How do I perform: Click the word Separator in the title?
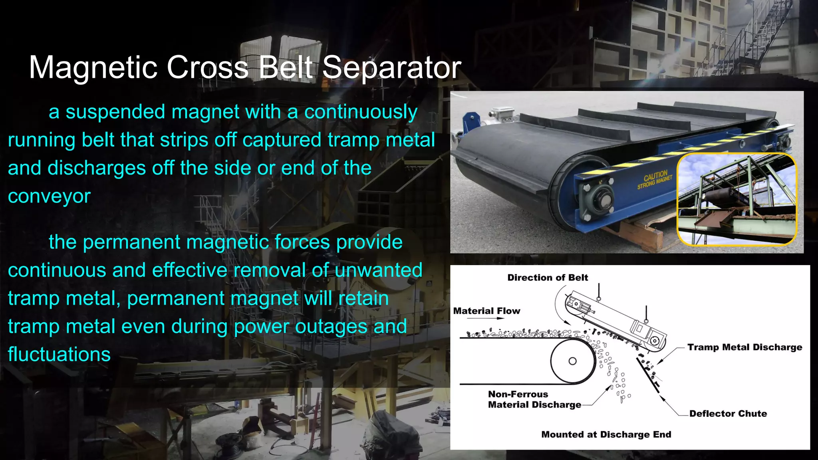(391, 67)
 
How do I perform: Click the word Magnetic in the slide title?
(93, 67)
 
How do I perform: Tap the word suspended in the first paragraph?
(115, 112)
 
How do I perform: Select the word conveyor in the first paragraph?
(49, 196)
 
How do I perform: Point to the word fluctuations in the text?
(59, 355)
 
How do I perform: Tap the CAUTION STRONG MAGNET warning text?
(655, 180)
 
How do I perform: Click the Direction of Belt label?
(548, 278)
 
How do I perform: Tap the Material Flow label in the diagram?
(486, 311)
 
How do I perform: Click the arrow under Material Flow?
(495, 318)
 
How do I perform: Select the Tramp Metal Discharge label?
(745, 347)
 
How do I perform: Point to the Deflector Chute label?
(728, 414)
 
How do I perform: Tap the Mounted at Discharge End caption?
(606, 434)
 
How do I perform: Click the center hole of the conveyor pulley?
(572, 361)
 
